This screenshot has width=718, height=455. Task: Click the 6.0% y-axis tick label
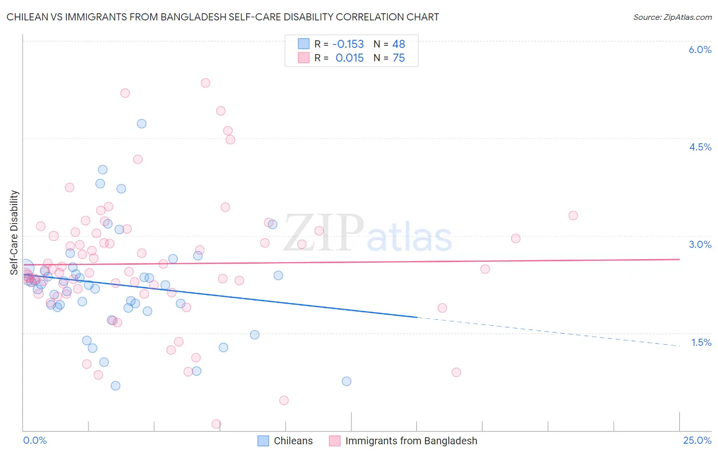tap(700, 49)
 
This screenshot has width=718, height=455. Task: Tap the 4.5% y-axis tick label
tap(700, 147)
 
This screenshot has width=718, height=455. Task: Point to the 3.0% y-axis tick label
tap(700, 244)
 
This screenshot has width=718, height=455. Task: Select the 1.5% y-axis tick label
tap(701, 342)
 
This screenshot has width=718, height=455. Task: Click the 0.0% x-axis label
tap(35, 441)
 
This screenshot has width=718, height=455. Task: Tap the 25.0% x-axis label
tap(697, 441)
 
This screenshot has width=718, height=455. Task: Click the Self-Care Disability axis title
tap(14, 233)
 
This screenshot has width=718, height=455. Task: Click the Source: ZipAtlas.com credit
tap(672, 17)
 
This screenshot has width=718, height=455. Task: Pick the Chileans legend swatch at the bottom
tap(263, 441)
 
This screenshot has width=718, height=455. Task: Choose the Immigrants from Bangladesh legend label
tap(411, 441)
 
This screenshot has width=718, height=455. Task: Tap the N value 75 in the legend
tap(398, 58)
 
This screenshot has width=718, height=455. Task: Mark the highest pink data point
tap(205, 83)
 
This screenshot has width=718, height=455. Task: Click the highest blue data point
tap(141, 123)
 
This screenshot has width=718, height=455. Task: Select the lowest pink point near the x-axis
tap(216, 424)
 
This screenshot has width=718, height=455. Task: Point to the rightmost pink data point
tap(573, 216)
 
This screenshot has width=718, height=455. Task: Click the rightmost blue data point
tap(346, 381)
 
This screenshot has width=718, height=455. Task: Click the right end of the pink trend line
tap(679, 260)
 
